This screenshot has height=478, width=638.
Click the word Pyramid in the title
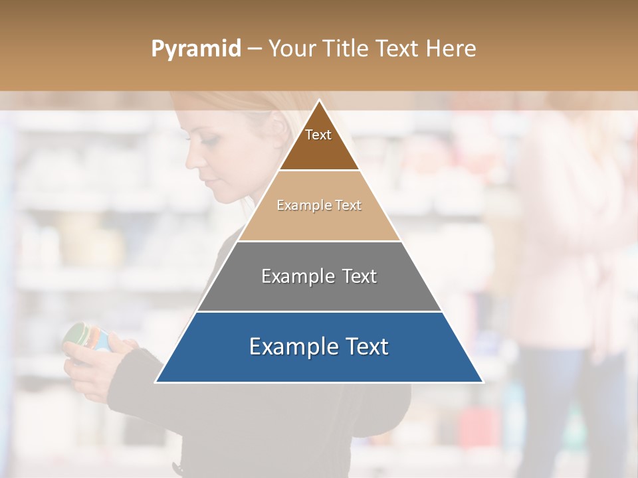(x=195, y=49)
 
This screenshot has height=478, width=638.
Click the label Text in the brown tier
(x=318, y=135)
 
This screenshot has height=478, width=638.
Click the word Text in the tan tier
(x=348, y=205)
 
